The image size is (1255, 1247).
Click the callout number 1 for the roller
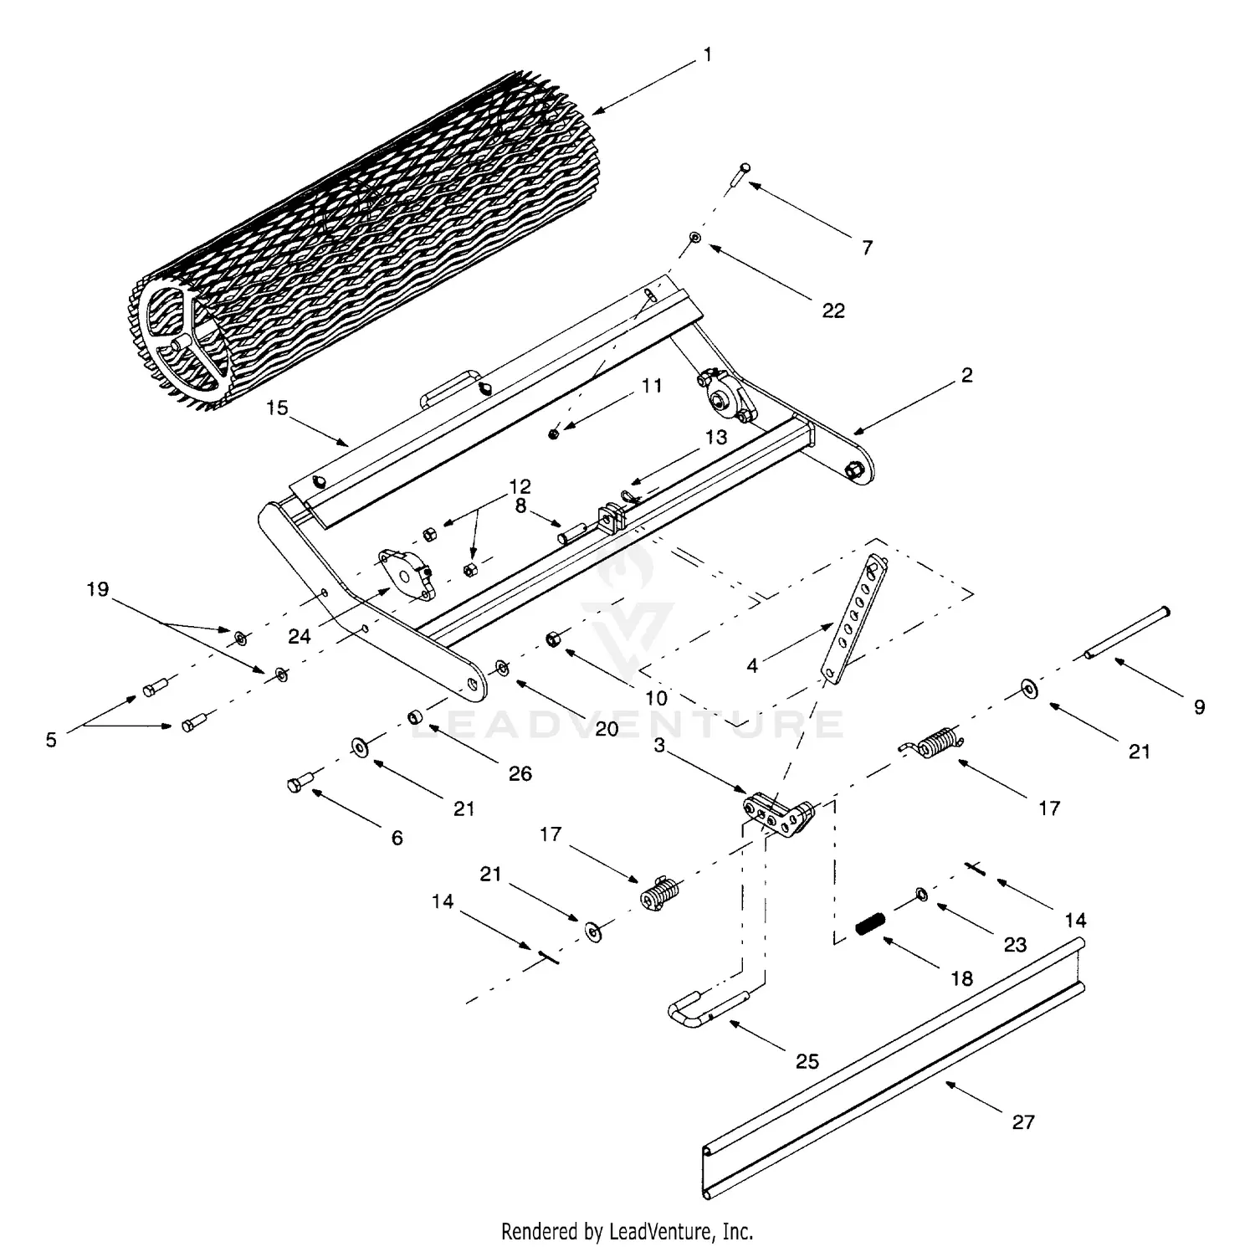[x=708, y=55]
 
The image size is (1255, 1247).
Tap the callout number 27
[x=1023, y=1122]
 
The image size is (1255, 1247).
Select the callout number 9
[x=1199, y=707]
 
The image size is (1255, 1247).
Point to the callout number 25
[x=807, y=1061]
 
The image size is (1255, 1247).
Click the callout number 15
[x=277, y=408]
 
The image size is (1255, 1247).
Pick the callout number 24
[x=300, y=637]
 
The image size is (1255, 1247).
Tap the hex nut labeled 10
[x=553, y=640]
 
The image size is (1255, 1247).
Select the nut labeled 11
[x=554, y=433]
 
